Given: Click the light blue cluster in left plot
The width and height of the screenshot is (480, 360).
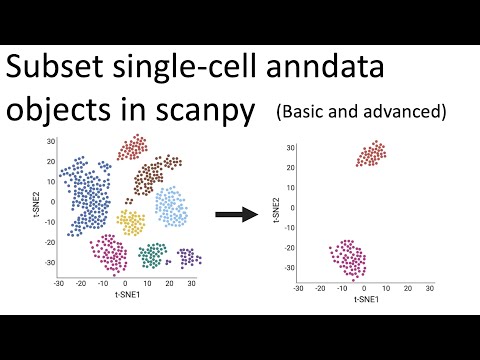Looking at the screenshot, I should (x=171, y=206).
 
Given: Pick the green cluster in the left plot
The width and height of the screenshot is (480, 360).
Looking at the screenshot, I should (x=151, y=256).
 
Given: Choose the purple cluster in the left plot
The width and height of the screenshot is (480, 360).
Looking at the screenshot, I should (x=187, y=257).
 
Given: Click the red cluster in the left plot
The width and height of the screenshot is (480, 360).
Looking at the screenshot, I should (x=132, y=148).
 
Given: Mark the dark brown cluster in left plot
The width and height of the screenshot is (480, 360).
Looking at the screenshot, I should (x=153, y=176).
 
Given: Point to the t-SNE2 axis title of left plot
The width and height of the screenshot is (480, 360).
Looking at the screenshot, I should (x=35, y=205).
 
